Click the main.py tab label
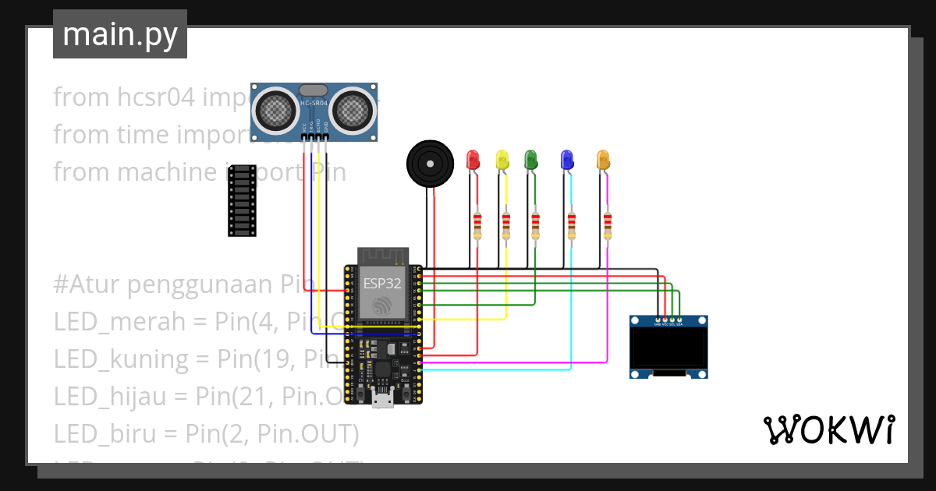click(x=119, y=35)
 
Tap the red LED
click(x=473, y=160)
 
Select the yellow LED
click(x=502, y=160)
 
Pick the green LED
click(x=531, y=160)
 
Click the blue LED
click(x=568, y=160)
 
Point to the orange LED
click(x=603, y=160)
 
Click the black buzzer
click(x=428, y=164)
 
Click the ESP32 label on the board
click(x=382, y=284)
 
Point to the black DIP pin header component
click(x=242, y=200)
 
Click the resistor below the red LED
click(x=478, y=225)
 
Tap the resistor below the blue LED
click(x=572, y=225)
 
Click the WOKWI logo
click(x=828, y=429)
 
